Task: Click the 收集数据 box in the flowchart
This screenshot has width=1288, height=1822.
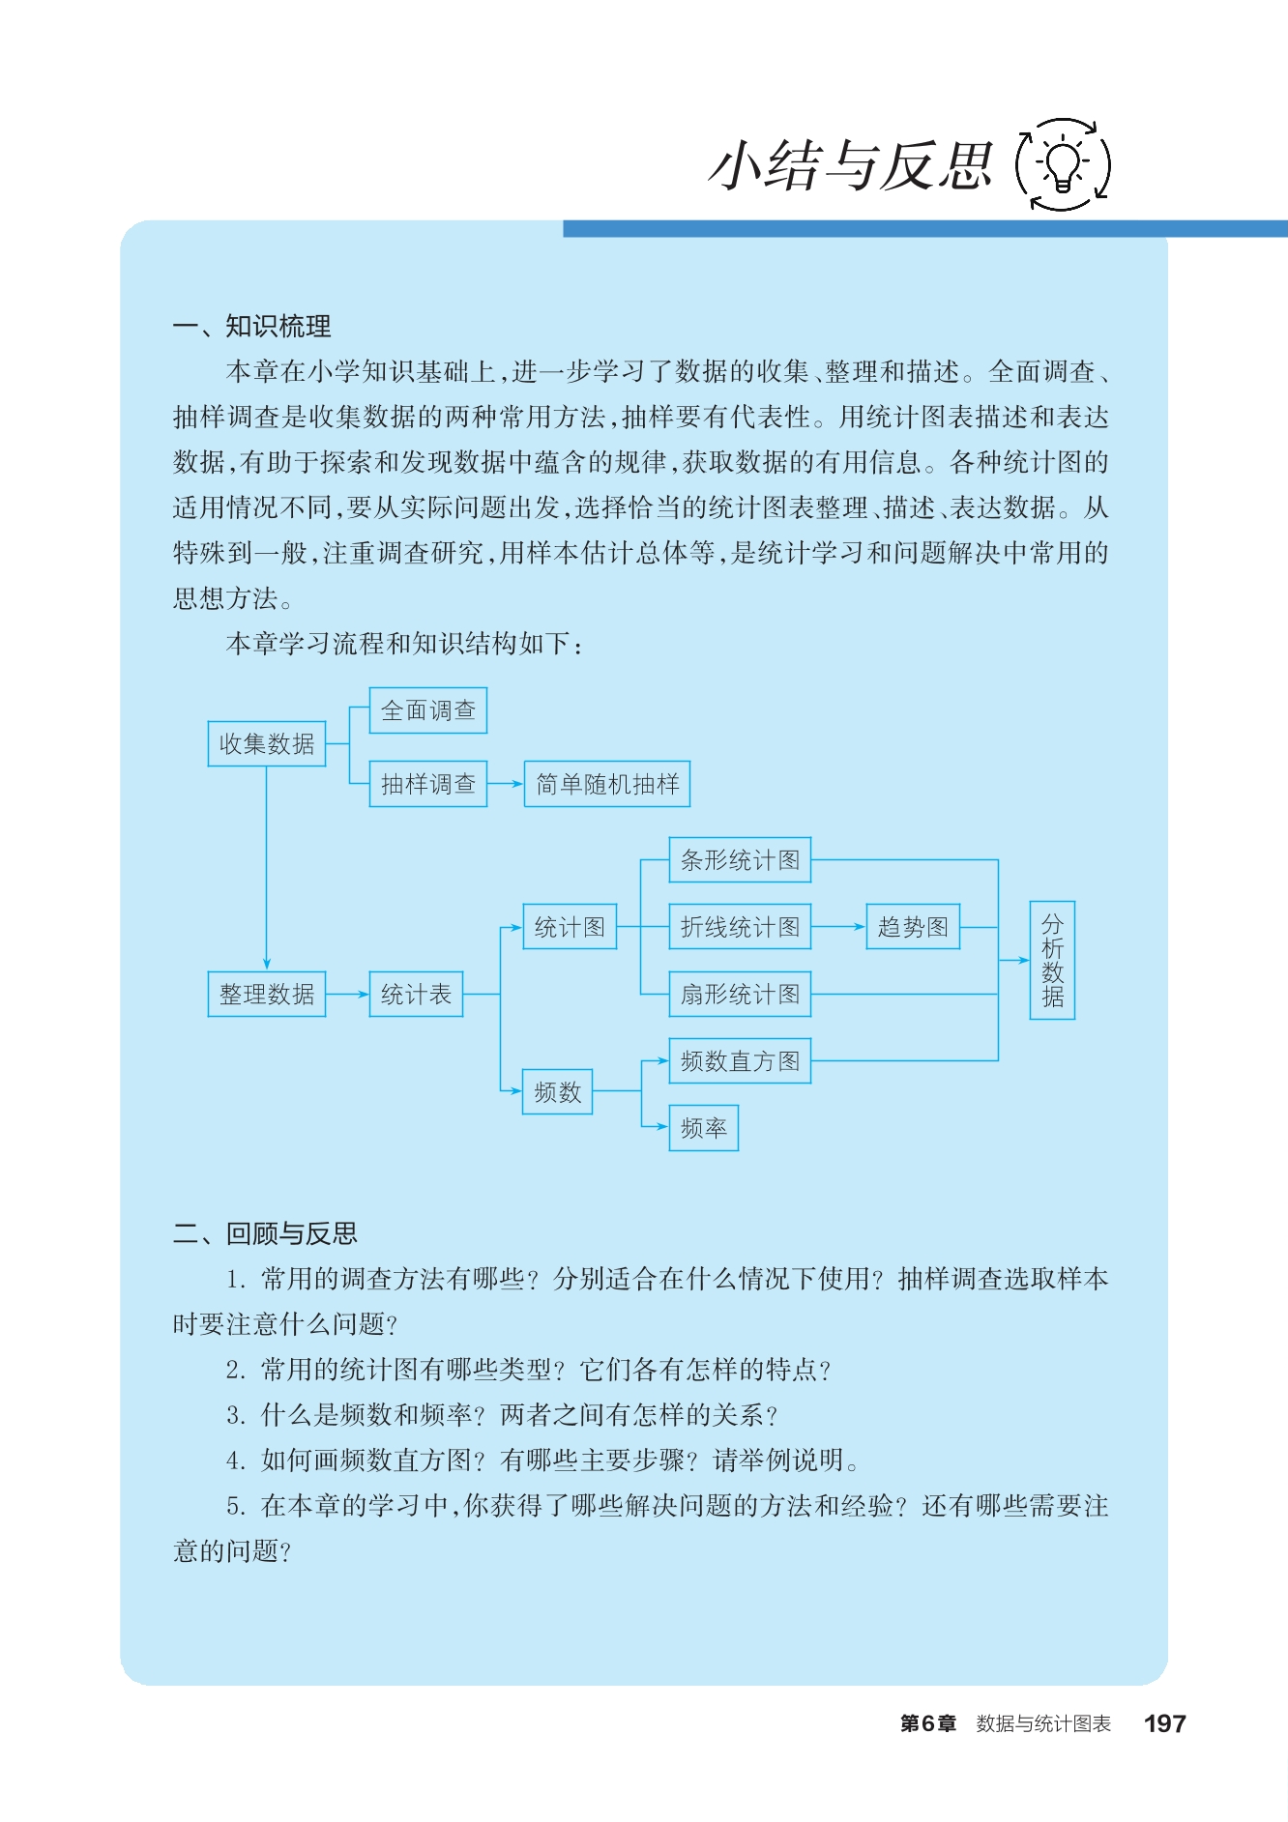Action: pyautogui.click(x=267, y=743)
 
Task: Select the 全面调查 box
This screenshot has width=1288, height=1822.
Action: pyautogui.click(x=428, y=710)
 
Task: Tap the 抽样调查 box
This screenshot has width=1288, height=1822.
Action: pyautogui.click(x=428, y=783)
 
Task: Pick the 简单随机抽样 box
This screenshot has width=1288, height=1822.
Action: pyautogui.click(x=607, y=783)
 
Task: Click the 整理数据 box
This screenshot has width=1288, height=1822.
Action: pyautogui.click(x=267, y=994)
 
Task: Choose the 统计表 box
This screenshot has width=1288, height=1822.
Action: pyautogui.click(x=416, y=994)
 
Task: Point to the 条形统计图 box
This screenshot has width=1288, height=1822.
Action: pyautogui.click(x=740, y=859)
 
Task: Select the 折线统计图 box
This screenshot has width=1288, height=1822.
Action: pyautogui.click(x=740, y=926)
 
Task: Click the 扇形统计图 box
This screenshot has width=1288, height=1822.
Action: pyautogui.click(x=740, y=994)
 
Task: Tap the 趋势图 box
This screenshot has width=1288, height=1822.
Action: pyautogui.click(x=913, y=926)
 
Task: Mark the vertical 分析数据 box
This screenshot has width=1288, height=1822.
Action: pyautogui.click(x=1052, y=960)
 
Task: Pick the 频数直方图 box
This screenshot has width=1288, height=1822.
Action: pyautogui.click(x=740, y=1060)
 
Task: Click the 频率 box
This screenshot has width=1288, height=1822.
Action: pyautogui.click(x=704, y=1127)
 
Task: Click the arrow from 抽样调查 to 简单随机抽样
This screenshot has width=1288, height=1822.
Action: pyautogui.click(x=506, y=783)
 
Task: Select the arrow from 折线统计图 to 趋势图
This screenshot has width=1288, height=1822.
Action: pyautogui.click(x=838, y=926)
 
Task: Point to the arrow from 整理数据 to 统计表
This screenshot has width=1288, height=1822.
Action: pyautogui.click(x=347, y=994)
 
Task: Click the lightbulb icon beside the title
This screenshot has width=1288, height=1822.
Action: pyautogui.click(x=1063, y=164)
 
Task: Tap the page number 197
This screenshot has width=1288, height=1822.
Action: pyautogui.click(x=1164, y=1723)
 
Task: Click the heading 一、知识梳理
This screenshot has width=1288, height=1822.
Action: pyautogui.click(x=251, y=326)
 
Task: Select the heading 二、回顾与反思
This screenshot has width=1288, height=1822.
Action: pyautogui.click(x=265, y=1233)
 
